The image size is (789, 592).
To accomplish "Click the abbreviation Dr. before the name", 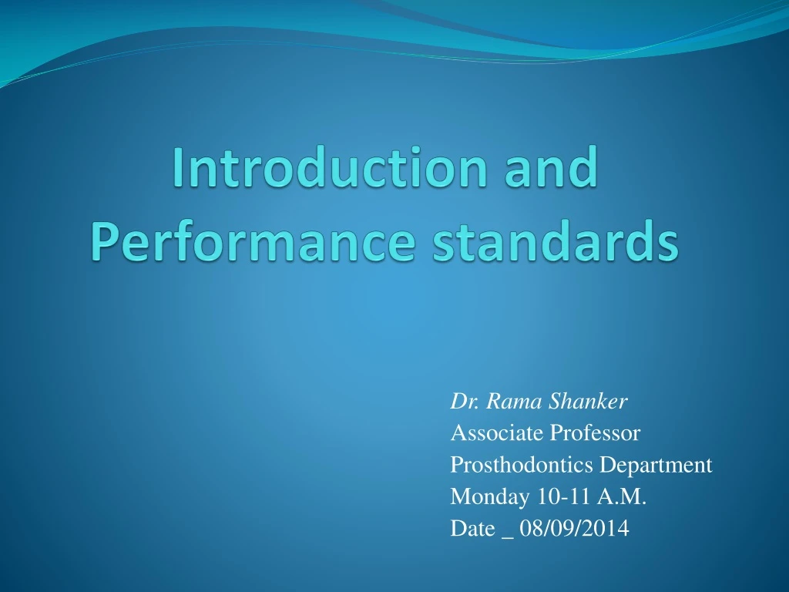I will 460,402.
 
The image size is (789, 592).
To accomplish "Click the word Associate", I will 497,434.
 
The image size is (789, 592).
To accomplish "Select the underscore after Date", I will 506,533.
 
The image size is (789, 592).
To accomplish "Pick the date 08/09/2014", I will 575,529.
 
